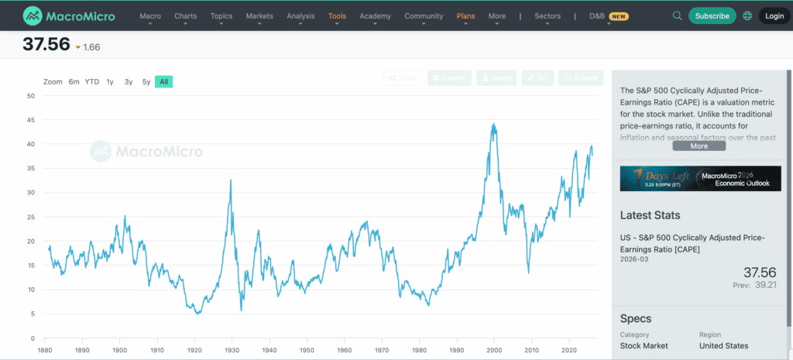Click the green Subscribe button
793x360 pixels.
[x=712, y=15]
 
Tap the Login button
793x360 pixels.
[x=774, y=15]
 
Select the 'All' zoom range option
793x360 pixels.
[x=163, y=81]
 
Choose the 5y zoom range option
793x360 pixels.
[x=146, y=81]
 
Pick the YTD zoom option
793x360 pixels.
[x=92, y=81]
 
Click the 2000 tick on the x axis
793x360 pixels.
[x=494, y=350]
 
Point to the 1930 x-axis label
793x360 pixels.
[x=232, y=350]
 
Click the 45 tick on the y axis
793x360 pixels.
[x=31, y=120]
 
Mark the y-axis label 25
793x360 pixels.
[x=31, y=217]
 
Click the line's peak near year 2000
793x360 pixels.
[x=493, y=124]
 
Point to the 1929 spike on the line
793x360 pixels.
[x=231, y=180]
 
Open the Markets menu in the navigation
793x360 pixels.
[x=259, y=15]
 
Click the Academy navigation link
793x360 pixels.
[x=376, y=15]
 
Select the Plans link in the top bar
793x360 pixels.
[x=466, y=15]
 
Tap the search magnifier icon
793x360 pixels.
[x=678, y=15]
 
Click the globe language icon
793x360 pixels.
[x=747, y=15]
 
